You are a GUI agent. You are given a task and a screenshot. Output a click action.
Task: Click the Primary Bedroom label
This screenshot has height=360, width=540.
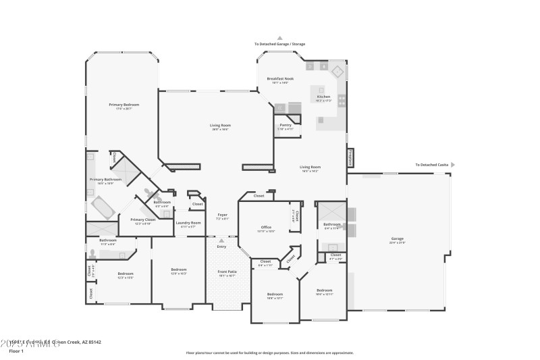tap(124, 105)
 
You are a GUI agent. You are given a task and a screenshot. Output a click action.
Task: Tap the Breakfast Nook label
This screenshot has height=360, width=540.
tap(280, 78)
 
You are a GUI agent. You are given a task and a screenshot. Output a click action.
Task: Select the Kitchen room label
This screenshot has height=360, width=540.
tap(324, 97)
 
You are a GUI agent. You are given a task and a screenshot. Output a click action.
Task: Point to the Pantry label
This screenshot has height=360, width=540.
tap(286, 125)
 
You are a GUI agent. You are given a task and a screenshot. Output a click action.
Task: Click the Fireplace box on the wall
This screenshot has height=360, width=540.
tap(350, 157)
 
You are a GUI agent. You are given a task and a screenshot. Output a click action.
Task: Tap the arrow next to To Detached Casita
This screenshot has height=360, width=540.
tap(453, 164)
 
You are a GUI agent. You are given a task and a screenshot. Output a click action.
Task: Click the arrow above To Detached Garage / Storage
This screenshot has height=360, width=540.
tap(279, 38)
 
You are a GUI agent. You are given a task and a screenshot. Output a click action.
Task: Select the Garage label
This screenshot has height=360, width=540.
tap(396, 238)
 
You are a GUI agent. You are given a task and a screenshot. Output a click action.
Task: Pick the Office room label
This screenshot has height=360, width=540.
tap(266, 227)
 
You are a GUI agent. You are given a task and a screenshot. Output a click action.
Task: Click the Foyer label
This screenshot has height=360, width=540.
tap(222, 215)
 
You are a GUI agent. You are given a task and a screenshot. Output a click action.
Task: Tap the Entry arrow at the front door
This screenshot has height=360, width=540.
tap(221, 240)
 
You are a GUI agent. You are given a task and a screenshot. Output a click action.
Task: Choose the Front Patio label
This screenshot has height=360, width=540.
tap(226, 272)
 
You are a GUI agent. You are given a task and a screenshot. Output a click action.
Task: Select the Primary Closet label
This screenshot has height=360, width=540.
tap(143, 220)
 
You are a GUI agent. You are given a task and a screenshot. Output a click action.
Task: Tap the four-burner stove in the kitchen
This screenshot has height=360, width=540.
tap(342, 101)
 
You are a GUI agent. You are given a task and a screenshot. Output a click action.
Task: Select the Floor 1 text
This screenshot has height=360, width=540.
tap(16, 351)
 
